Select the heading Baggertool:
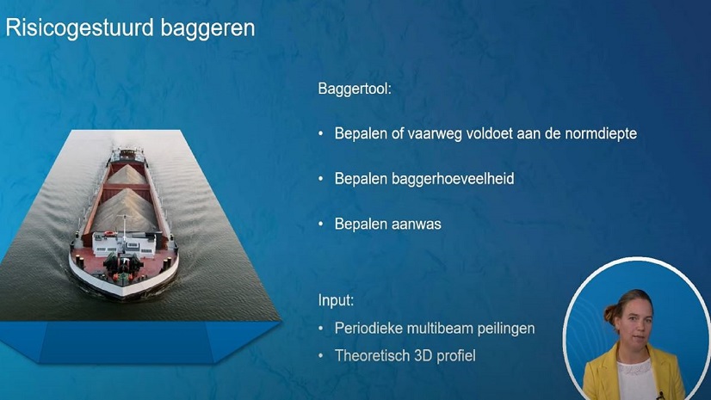(354, 89)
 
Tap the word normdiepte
(595, 134)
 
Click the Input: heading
(337, 301)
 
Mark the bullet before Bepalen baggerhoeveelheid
(322, 180)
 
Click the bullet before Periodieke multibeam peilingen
(322, 329)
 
